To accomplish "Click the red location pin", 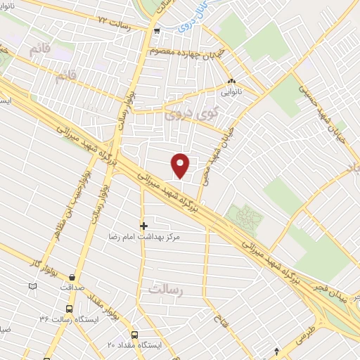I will click(181, 165).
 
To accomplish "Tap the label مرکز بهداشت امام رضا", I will click(150, 238).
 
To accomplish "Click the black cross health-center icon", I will click(144, 226).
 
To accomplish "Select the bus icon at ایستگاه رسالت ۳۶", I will click(69, 309).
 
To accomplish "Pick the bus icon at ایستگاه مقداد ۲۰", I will click(134, 335).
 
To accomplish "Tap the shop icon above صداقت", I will click(72, 276).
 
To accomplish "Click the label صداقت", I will click(72, 287).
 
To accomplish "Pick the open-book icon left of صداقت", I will click(32, 287).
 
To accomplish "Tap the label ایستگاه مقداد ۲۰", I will click(134, 345).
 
